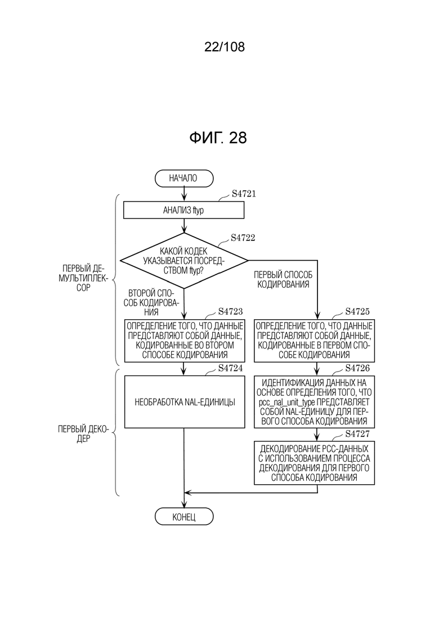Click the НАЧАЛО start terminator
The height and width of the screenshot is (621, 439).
184,178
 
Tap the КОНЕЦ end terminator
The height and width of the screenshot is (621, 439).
184,517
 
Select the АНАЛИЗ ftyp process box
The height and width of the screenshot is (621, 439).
183,211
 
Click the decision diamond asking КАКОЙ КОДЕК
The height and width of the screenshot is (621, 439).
184,261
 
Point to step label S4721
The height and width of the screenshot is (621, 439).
244,194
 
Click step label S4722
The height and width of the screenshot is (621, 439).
243,238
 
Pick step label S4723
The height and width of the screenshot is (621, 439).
230,311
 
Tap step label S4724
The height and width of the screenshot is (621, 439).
230,368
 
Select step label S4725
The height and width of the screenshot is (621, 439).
357,311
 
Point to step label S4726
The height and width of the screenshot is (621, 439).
357,368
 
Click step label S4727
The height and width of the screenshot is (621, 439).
357,434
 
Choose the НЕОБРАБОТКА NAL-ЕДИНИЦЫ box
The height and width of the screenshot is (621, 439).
185,401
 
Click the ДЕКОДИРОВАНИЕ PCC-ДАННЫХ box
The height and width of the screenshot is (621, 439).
314,463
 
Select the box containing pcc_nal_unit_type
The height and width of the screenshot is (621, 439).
314,401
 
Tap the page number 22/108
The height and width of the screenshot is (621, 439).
225,47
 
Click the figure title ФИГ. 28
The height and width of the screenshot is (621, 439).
218,137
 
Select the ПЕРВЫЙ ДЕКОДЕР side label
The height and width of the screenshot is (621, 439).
83,434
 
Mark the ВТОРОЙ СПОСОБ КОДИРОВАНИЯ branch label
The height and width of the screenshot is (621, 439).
151,302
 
